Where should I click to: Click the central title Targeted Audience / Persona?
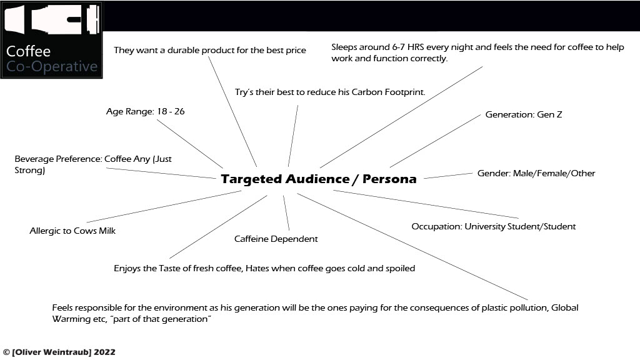click(318, 179)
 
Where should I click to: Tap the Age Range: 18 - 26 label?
click(145, 112)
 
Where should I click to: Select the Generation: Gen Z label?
click(524, 115)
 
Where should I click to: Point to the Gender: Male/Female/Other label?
click(536, 173)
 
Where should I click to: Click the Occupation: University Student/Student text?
click(493, 226)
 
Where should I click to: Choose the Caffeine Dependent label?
click(276, 239)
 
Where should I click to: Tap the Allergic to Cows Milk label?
click(72, 231)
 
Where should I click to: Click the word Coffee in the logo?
click(28, 52)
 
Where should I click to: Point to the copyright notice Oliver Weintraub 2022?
click(59, 352)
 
